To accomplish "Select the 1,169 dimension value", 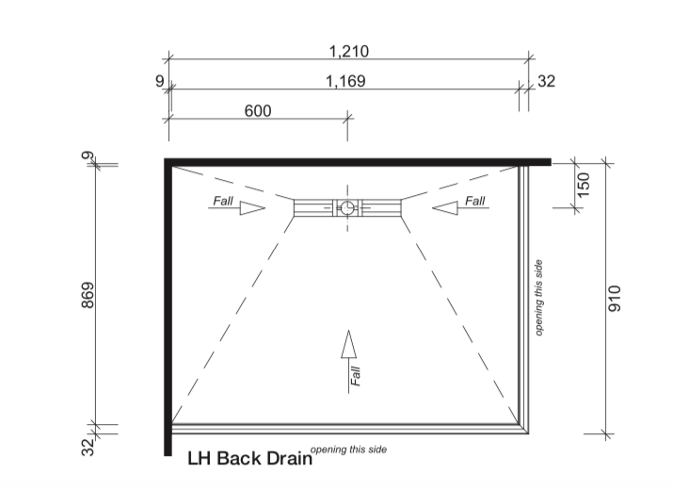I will (345, 81).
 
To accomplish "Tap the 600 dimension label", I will (257, 110).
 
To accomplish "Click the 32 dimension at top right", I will (546, 81).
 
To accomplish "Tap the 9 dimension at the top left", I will (159, 81).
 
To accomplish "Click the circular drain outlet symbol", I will (347, 207).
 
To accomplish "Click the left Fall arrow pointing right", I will (252, 208).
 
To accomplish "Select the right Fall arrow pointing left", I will (442, 208).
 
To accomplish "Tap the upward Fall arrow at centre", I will (348, 346).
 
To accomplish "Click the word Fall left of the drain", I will (222, 201).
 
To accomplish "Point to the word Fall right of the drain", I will (474, 201).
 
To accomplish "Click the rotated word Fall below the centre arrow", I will (356, 376).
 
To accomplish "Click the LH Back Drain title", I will (248, 460).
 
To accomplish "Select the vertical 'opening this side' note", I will (539, 297).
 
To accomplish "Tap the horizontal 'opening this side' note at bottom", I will (348, 449).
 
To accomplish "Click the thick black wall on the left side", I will (168, 302).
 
